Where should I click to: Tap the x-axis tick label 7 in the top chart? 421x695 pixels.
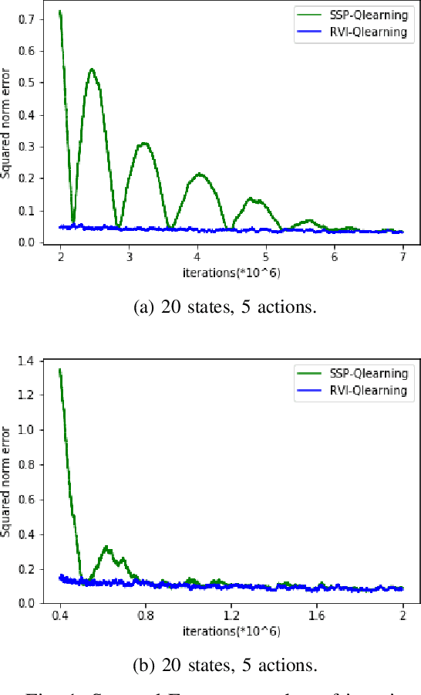(x=402, y=256)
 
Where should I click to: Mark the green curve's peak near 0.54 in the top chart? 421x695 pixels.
(x=93, y=69)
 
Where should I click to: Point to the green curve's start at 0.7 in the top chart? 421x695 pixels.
(x=60, y=12)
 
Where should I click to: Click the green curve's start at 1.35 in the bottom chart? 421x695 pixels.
(x=60, y=369)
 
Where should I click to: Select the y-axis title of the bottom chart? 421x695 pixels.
(x=7, y=481)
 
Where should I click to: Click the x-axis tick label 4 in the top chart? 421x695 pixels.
(x=197, y=256)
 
